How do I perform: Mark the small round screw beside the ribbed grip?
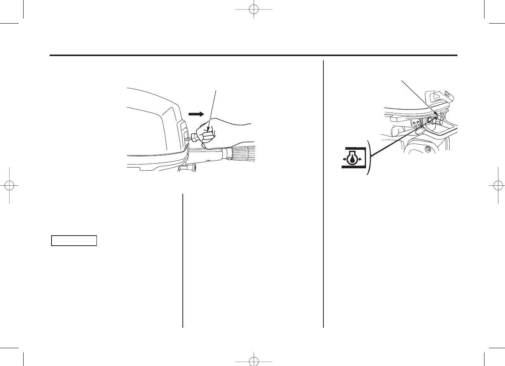[x=230, y=159]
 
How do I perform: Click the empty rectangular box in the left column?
[x=74, y=240]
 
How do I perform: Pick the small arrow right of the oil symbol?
[x=359, y=159]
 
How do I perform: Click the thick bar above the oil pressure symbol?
[x=353, y=148]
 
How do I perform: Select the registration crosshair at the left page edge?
[x=9, y=185]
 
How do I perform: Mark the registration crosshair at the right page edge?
[x=496, y=185]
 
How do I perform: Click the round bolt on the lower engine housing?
[x=428, y=149]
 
